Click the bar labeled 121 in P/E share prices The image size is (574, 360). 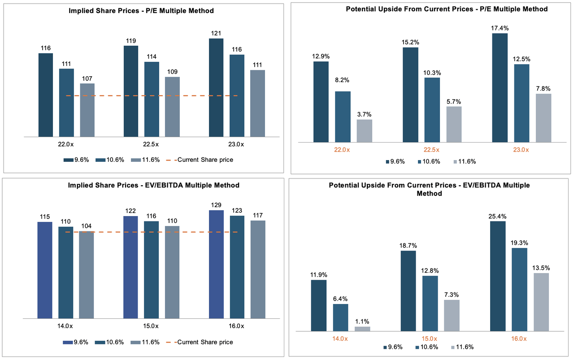coord(216,87)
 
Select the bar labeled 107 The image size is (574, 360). coord(87,110)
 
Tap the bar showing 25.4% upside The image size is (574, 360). coord(497,276)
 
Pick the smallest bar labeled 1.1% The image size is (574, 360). coord(362,329)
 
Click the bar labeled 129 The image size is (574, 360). coord(216,264)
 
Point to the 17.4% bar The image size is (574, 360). coord(500,88)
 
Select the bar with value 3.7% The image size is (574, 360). coord(364,131)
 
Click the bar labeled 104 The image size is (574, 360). coord(86,274)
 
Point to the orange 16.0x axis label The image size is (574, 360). coord(518,338)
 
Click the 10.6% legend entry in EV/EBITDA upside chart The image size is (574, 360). coord(427,347)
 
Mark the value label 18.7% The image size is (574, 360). coord(408,245)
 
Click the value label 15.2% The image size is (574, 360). coord(410,41)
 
